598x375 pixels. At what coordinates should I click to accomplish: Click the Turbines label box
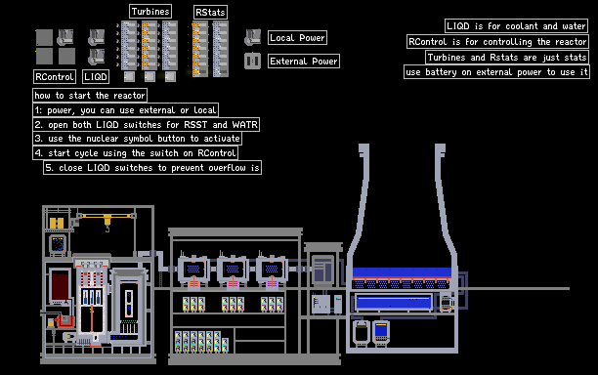(x=150, y=12)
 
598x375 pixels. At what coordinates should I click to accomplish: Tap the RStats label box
(x=210, y=12)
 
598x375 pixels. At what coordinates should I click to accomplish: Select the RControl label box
(x=55, y=76)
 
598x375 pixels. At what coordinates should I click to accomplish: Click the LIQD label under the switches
(x=96, y=76)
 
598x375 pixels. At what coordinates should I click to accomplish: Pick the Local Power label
(x=297, y=38)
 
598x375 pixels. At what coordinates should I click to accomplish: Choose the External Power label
(x=304, y=61)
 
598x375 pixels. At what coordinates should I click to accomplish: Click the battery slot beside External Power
(x=252, y=61)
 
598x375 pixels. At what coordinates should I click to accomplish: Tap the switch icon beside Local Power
(x=252, y=37)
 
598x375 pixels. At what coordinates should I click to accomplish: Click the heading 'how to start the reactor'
(x=90, y=96)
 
